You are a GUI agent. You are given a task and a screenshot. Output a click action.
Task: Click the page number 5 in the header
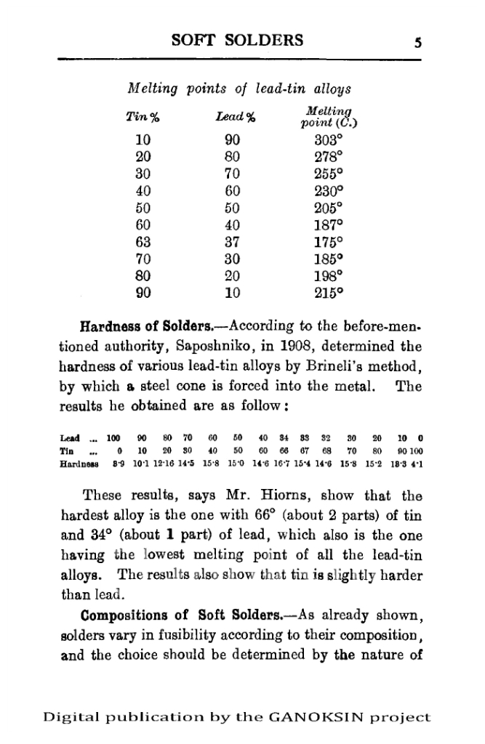(x=418, y=41)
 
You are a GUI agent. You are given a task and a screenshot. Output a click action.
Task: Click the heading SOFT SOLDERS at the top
(x=237, y=40)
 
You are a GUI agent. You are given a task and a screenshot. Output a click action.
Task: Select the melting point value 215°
(x=322, y=294)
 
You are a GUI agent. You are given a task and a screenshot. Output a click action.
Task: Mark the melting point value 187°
(x=322, y=225)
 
